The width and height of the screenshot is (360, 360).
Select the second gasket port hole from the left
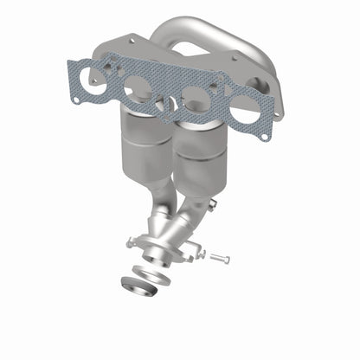tap(137, 87)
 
